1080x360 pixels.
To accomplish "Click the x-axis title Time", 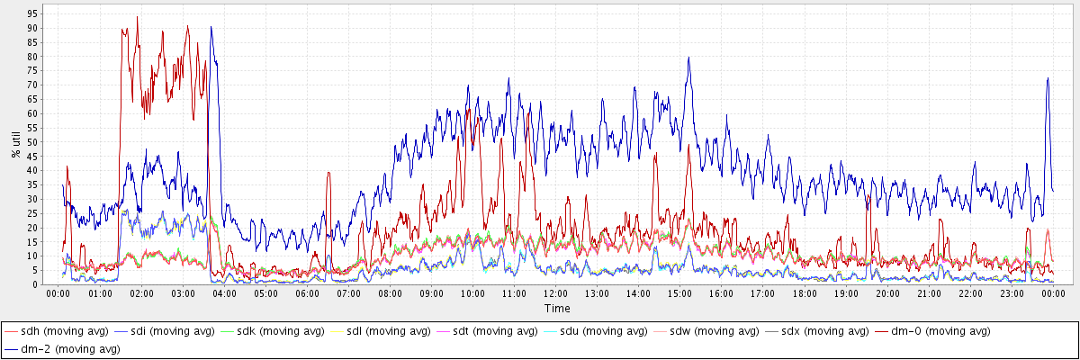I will click(557, 308).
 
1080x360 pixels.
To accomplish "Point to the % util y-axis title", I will click(16, 143).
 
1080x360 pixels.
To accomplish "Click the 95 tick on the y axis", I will click(32, 14).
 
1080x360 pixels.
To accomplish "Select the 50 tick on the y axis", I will click(32, 142).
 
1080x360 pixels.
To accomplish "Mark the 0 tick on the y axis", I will click(35, 284).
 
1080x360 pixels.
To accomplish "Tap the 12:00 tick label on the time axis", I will click(556, 294).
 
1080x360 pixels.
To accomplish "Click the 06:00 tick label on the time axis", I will click(307, 294).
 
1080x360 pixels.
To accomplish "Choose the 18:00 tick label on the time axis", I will click(805, 294).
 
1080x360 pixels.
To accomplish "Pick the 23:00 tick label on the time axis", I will click(1012, 294).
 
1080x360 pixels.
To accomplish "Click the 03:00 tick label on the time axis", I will click(183, 294).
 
